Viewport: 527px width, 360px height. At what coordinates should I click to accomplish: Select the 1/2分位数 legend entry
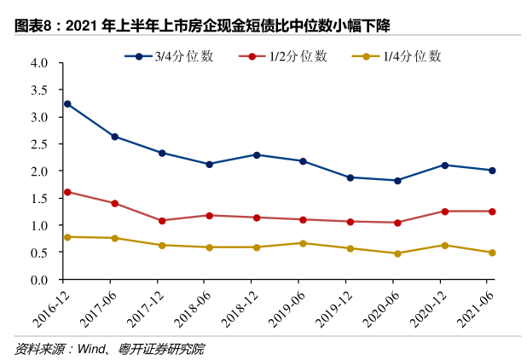285,56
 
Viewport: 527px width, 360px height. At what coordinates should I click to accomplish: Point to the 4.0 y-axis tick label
38,63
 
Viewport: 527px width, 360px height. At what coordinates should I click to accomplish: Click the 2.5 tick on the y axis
38,144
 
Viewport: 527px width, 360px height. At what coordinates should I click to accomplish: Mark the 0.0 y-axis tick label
38,280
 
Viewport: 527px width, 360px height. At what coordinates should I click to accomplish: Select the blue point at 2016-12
67,104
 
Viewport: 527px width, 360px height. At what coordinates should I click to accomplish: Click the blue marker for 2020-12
443,165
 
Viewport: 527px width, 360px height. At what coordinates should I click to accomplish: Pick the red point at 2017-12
161,221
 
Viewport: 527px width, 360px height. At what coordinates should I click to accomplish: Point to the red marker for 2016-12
67,192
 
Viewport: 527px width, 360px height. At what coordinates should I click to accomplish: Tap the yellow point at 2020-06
397,253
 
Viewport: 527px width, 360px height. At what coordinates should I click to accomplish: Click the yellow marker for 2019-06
303,243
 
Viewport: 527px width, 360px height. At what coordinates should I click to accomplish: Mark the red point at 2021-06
491,212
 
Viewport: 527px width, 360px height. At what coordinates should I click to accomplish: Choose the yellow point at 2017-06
114,238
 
